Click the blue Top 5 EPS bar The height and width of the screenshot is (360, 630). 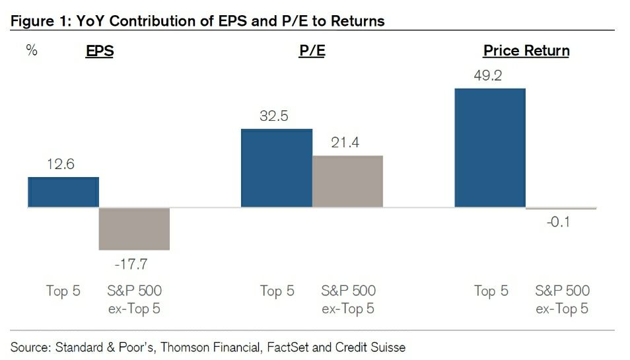pos(63,192)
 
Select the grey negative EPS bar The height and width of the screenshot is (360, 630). pos(134,229)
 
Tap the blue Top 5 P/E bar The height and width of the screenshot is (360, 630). pos(277,168)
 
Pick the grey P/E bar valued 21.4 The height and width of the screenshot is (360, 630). pos(347,182)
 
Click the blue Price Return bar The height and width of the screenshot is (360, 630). pos(490,148)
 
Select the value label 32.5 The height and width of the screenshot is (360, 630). pos(274,117)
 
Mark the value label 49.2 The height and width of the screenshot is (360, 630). pos(488,76)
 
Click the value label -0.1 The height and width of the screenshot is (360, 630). pos(558,223)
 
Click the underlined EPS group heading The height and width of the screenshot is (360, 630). pos(100,52)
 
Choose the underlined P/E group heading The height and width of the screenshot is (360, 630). pos(312,52)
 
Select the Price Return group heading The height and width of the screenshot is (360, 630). pos(526,51)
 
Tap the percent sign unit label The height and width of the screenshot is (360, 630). pos(32,50)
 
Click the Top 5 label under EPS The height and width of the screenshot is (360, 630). pos(63,291)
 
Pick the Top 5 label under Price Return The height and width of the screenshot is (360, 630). pos(491,291)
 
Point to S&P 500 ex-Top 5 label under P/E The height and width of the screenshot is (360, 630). pos(349,299)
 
